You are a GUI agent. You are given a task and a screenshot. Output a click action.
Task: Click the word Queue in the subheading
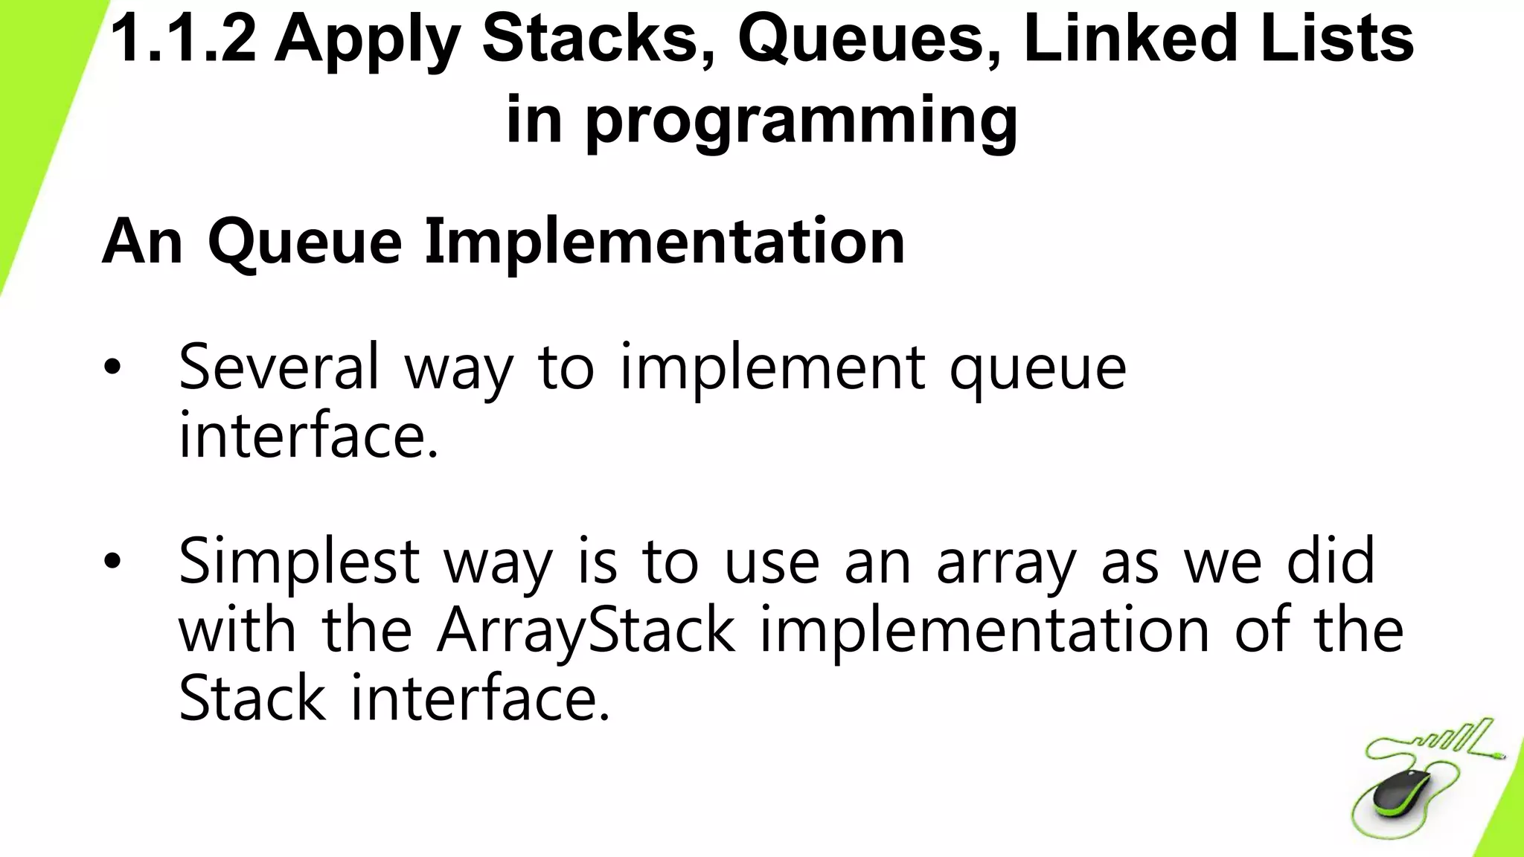point(304,242)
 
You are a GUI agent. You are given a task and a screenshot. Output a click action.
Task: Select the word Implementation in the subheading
point(665,242)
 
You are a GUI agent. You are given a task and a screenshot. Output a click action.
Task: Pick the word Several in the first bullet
point(279,367)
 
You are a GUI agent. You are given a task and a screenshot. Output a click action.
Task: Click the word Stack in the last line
point(252,698)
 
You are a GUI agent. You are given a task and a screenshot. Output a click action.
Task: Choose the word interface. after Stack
point(480,698)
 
